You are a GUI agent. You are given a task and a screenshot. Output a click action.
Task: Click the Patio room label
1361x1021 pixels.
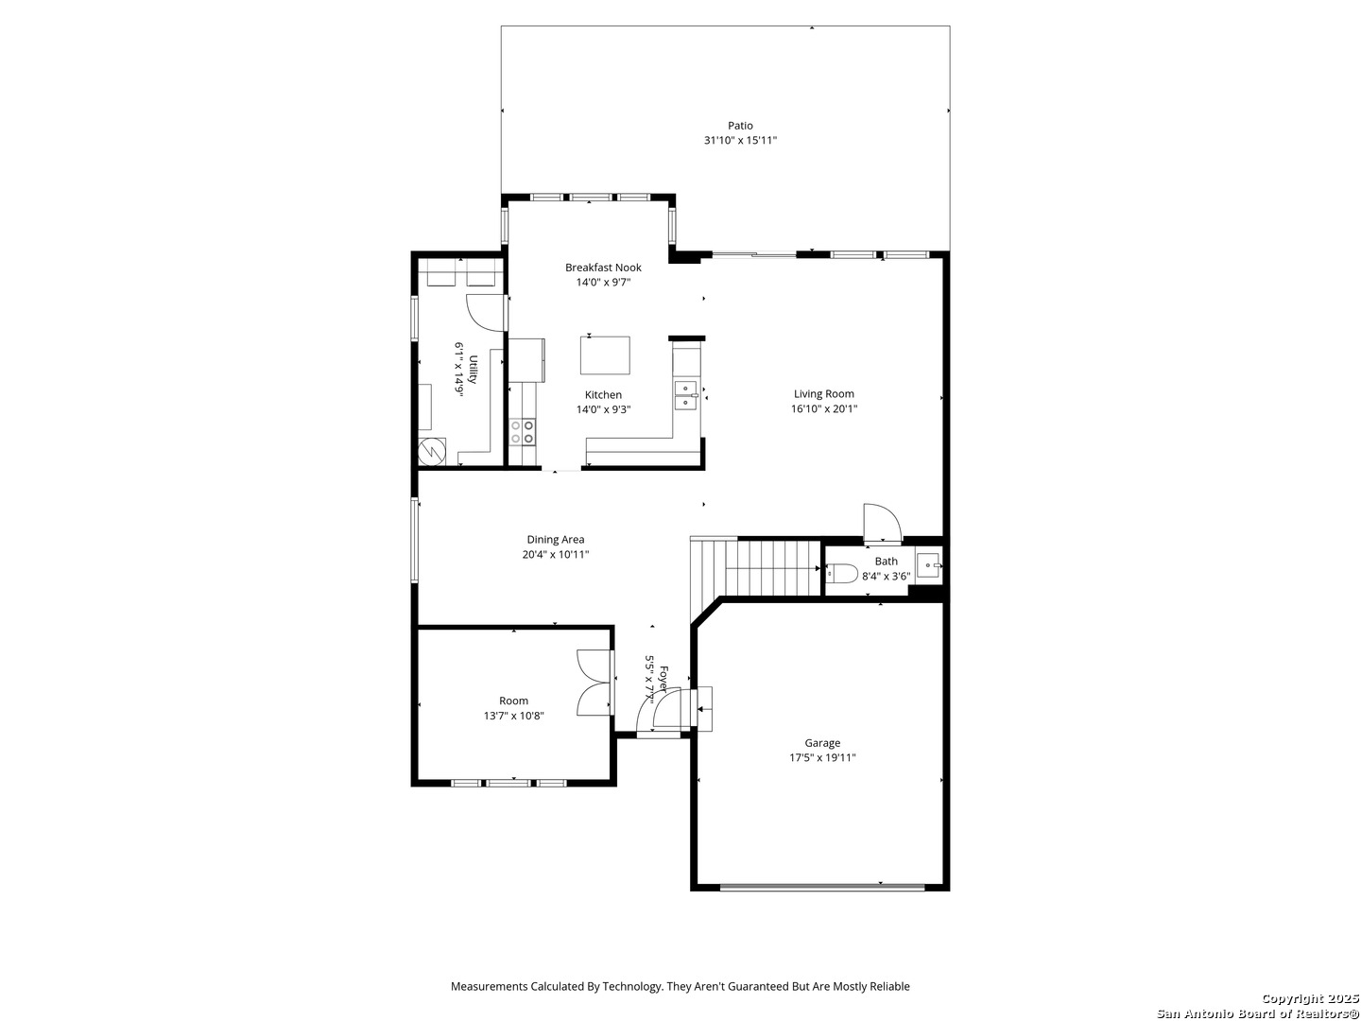point(740,126)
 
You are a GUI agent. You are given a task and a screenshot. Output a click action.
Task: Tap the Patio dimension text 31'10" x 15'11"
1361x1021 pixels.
point(740,141)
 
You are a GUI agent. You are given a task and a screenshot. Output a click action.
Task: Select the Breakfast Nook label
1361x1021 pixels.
point(603,268)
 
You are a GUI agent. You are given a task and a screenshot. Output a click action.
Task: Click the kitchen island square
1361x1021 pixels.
point(605,355)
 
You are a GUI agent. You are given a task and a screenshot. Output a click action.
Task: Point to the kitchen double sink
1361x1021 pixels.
point(686,395)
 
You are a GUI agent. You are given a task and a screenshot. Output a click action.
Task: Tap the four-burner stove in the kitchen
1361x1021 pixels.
point(522,431)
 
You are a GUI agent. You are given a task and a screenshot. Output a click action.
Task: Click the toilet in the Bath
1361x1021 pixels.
point(841,573)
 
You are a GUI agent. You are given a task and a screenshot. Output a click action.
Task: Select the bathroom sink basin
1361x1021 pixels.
point(928,566)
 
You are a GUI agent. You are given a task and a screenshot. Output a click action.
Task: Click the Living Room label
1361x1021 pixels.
point(823,394)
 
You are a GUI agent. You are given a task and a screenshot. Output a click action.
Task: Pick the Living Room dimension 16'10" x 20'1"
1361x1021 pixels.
point(823,409)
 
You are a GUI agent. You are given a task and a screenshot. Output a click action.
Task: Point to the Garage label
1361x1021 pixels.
point(822,743)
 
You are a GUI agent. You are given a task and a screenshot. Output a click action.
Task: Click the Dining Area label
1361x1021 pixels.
point(555,540)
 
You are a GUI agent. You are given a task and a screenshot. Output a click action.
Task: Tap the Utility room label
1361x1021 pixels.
point(473,370)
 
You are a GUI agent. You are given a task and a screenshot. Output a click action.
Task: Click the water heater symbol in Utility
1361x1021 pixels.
point(432,452)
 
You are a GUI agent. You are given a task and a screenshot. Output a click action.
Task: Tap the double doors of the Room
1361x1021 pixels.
point(594,683)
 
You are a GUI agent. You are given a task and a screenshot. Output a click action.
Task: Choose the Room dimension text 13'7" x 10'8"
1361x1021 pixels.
point(513,716)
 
